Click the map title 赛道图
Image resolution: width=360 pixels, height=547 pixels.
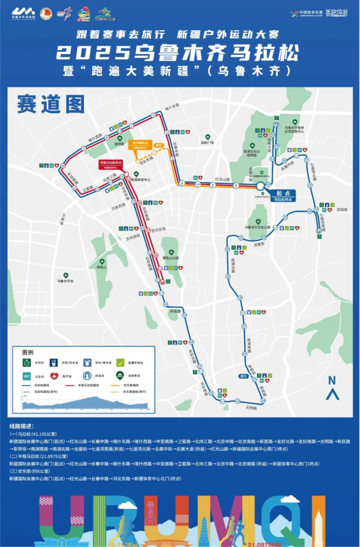pos(51,103)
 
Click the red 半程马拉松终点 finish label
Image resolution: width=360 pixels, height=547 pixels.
pos(110,163)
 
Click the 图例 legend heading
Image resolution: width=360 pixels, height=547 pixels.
pos(28,352)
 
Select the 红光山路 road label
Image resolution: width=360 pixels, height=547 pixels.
pos(222,179)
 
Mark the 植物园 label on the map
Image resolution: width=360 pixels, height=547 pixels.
pos(119,143)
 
